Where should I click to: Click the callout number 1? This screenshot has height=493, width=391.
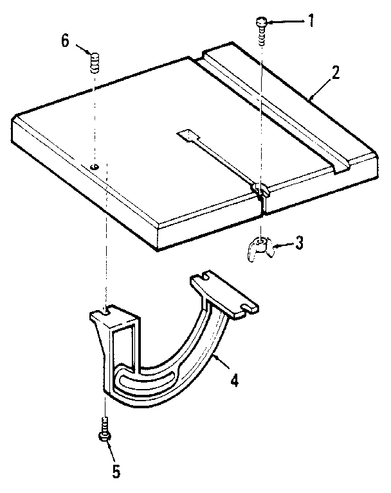point(311,21)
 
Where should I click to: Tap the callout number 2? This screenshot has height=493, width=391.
point(335,73)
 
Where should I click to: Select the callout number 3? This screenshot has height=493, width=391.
point(298,243)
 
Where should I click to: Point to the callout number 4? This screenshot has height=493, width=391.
point(234,380)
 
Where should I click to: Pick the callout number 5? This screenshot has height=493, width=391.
point(116,471)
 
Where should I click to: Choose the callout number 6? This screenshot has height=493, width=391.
point(65,41)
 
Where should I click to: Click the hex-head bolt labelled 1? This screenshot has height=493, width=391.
point(261,32)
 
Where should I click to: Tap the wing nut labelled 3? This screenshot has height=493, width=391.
point(260,249)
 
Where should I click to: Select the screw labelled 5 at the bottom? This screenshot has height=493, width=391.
point(105,430)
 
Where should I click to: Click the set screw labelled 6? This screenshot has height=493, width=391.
point(95,63)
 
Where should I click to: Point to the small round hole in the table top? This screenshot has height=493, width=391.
point(94,167)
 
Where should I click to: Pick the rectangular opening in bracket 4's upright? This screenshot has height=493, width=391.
point(123,350)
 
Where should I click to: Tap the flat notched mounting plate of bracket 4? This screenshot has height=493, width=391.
point(224,293)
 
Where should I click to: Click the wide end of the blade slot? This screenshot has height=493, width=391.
point(188,135)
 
